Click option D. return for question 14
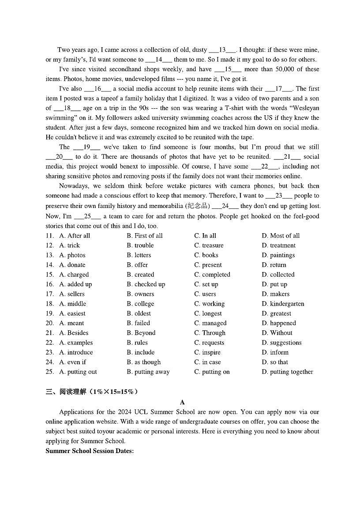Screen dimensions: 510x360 (274, 265)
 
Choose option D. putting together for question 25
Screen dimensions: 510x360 (287, 372)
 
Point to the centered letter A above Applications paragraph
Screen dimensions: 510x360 (182, 402)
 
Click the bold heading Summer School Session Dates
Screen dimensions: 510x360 (90, 451)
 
